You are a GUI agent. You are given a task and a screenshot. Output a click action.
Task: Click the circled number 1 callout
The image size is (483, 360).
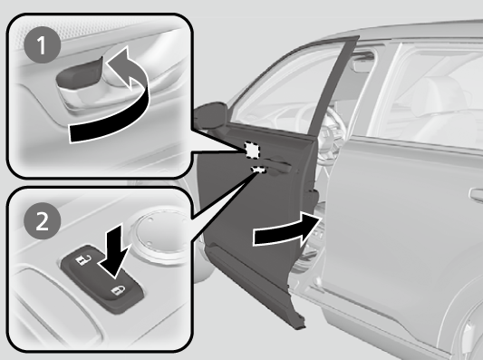coord(43,45)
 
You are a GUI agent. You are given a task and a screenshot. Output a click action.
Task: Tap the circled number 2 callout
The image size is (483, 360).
coord(43,220)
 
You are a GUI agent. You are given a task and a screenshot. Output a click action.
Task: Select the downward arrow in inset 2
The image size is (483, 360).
coord(114,250)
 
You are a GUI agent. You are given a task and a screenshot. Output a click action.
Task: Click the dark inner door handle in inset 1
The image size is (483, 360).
coord(79,73)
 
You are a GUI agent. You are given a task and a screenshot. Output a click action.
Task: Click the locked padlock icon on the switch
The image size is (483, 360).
coord(118,290)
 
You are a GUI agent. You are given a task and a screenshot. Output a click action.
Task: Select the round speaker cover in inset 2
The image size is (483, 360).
coord(160,234)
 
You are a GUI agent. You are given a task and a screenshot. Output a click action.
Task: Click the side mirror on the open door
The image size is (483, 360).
coord(210,115)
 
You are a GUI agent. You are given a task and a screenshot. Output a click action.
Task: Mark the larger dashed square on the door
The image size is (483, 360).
coord(252,150)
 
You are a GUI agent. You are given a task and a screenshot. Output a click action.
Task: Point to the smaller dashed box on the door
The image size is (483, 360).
coord(259,170)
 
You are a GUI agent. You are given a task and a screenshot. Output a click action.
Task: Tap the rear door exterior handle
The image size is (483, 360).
coord(477,196)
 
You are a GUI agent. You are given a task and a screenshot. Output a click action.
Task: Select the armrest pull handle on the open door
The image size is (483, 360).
coord(278,166)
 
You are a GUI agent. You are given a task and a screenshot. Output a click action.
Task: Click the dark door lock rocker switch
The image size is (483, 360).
coord(102,278)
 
